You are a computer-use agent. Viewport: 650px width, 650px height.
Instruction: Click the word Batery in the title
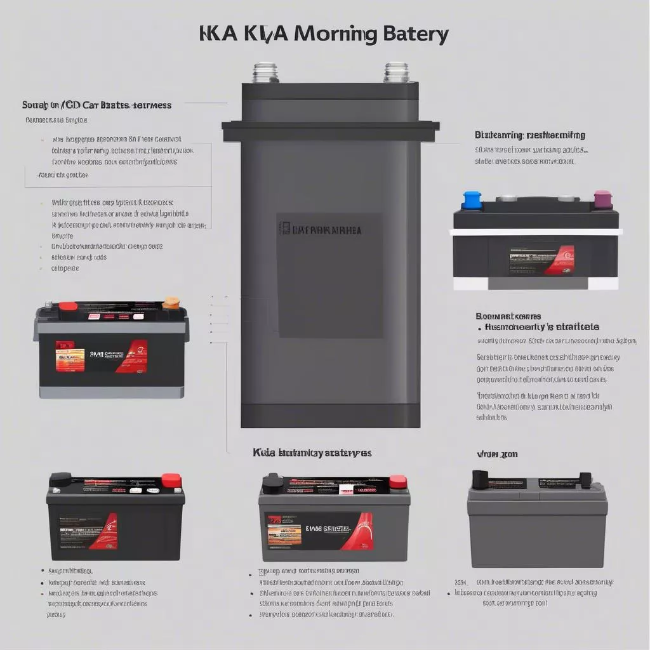416,34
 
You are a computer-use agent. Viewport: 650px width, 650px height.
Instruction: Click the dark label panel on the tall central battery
329,275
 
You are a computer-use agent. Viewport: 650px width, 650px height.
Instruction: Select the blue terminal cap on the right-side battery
472,200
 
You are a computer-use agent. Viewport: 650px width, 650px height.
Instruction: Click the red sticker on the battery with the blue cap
560,260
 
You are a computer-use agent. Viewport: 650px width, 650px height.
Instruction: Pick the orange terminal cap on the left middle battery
171,303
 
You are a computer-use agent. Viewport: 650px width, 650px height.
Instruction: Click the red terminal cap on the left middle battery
68,307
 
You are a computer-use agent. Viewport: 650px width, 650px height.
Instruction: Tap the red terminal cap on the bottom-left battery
171,480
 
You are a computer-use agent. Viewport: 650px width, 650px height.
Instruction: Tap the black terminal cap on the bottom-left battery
60,479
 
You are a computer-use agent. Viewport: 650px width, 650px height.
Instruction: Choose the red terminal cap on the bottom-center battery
398,482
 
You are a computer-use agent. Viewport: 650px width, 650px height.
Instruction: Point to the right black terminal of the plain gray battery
585,479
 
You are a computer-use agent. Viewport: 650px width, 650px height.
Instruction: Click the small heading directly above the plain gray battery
497,454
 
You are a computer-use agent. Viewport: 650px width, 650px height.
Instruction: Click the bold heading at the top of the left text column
96,105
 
